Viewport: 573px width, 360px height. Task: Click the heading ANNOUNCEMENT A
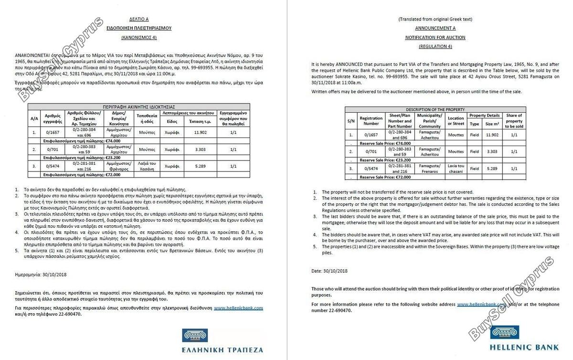(435, 28)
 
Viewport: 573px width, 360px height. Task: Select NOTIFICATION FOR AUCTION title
(435, 37)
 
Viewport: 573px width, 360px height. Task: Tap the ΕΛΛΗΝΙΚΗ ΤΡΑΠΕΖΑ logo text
(223, 350)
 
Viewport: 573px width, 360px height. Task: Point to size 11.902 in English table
(492, 135)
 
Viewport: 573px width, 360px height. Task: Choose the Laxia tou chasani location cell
(456, 169)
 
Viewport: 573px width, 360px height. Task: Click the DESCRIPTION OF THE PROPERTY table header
(435, 109)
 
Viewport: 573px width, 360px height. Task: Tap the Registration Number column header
(371, 120)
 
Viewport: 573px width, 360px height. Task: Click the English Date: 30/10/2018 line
(329, 271)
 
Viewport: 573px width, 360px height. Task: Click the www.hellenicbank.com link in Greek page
(238, 308)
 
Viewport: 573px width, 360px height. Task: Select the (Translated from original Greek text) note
(435, 19)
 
